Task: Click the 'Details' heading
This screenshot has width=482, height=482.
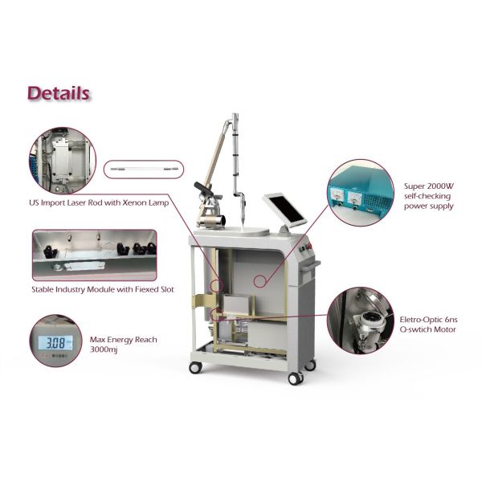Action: pyautogui.click(x=59, y=93)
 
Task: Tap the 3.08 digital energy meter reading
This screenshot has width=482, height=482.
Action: pyautogui.click(x=53, y=346)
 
